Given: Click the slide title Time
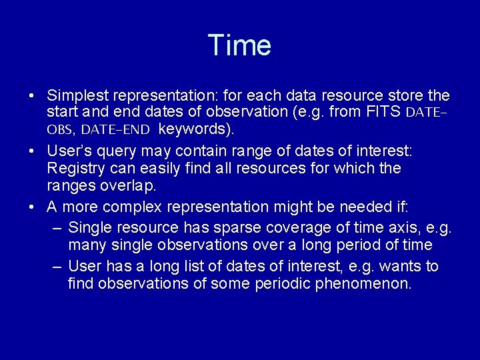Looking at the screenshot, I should [239, 45].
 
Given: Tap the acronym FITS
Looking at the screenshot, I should [383, 111].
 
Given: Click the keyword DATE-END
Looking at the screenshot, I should [115, 128].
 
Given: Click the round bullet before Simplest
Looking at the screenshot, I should [32, 96].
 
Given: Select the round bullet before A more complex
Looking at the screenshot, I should [32, 207].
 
